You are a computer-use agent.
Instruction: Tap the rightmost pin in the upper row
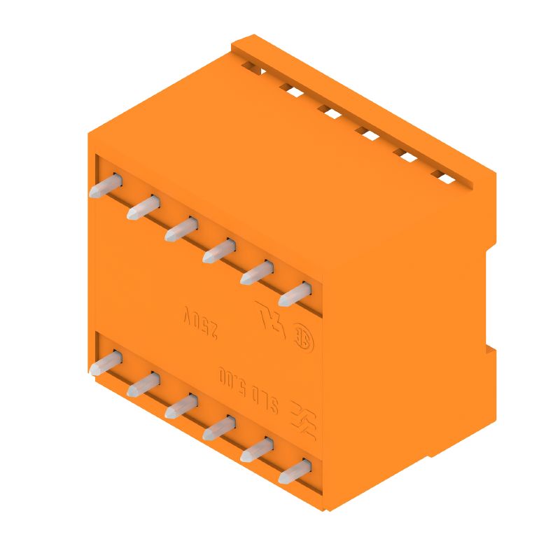295,293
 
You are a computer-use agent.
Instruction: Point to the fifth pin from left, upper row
257,272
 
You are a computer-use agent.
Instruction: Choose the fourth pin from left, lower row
219,428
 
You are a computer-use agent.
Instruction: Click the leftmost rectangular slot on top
253,68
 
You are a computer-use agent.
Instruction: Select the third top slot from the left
329,111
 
